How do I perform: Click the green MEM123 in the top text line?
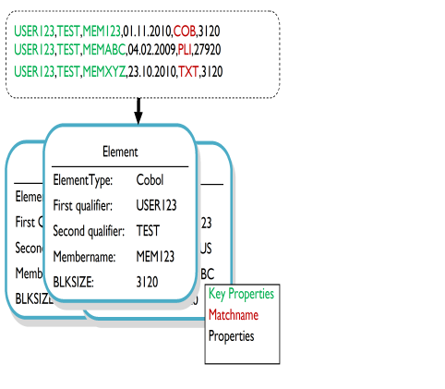[x=102, y=30]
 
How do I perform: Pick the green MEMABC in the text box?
[x=104, y=48]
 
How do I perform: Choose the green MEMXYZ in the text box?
[x=104, y=71]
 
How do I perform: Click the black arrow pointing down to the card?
[x=138, y=110]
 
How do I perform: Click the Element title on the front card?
[x=120, y=151]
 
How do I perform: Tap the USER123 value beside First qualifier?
[x=156, y=205]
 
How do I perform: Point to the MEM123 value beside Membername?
[x=153, y=255]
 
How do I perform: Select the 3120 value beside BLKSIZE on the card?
[x=147, y=280]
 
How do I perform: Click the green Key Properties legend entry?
[x=241, y=294]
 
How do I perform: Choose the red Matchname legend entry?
[x=234, y=315]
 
